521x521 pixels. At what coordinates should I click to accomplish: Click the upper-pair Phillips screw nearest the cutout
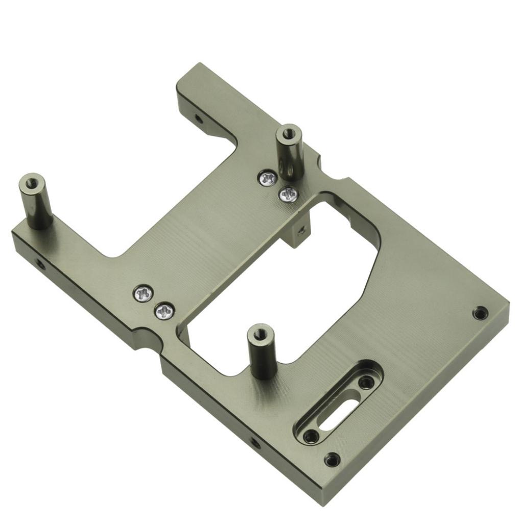click(289, 194)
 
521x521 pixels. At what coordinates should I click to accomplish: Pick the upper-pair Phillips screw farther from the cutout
click(268, 178)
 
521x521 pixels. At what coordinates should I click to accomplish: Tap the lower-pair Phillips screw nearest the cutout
click(164, 311)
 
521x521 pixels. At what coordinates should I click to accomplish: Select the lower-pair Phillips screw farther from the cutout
click(144, 294)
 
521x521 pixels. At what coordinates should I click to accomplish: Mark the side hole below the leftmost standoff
click(39, 264)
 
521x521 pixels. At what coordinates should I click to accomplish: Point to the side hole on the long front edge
click(254, 442)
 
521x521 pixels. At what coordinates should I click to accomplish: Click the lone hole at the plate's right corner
click(480, 313)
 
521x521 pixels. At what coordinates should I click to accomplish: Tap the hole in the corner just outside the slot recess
click(332, 460)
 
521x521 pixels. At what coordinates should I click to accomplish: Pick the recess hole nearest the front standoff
click(366, 382)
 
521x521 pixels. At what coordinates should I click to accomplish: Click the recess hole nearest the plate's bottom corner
click(310, 436)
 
